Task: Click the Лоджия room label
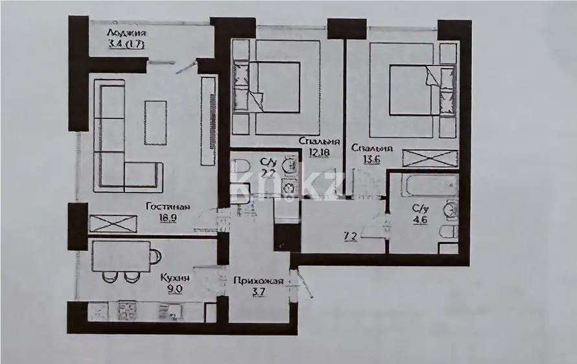click(x=127, y=34)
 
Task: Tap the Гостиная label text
click(x=167, y=207)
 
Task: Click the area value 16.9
click(x=168, y=218)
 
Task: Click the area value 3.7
click(x=258, y=293)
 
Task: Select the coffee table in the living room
click(x=156, y=123)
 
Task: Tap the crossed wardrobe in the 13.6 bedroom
click(x=430, y=158)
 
